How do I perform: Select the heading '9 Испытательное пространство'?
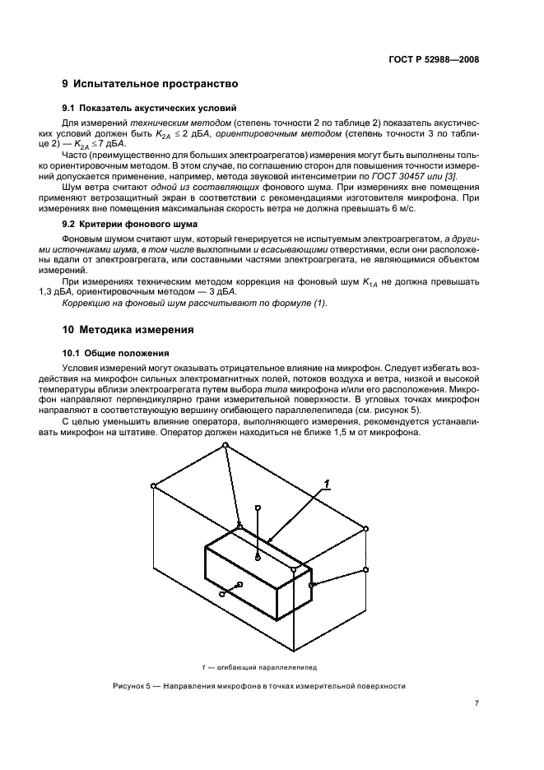tap(151, 84)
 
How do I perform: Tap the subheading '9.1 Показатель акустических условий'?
tap(150, 108)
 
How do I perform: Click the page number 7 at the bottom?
tap(477, 703)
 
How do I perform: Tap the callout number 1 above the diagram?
tap(326, 484)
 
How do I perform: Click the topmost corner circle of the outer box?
tap(226, 445)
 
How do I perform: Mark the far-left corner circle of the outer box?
tap(154, 486)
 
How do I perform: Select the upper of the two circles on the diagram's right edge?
tap(366, 529)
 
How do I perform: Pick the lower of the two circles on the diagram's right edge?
tap(366, 569)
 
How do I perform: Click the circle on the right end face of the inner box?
tap(311, 585)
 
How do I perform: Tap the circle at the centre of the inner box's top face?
tap(258, 558)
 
